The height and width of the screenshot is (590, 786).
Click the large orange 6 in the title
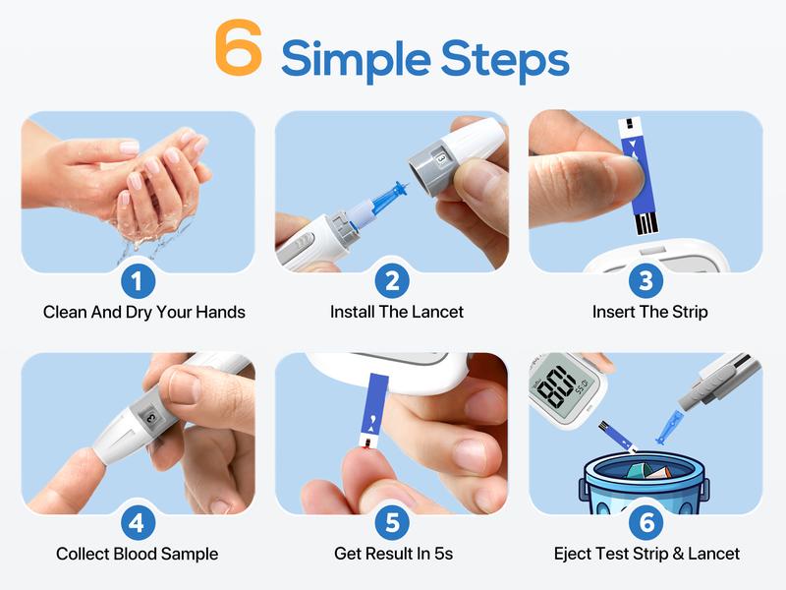pyautogui.click(x=239, y=50)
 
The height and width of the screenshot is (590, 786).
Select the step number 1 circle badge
pyautogui.click(x=139, y=281)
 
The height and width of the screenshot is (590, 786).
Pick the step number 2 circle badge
pyautogui.click(x=392, y=281)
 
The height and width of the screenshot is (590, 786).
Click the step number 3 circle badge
pyautogui.click(x=646, y=281)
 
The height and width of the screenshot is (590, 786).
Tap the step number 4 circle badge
pyautogui.click(x=139, y=523)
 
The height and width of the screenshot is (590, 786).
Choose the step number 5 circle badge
pyautogui.click(x=392, y=523)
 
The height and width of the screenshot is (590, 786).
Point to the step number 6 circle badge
pyautogui.click(x=646, y=523)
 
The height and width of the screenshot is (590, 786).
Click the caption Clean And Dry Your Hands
pyautogui.click(x=144, y=312)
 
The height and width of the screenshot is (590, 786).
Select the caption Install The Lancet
pyautogui.click(x=397, y=312)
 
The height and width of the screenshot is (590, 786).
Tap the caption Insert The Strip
pyautogui.click(x=649, y=312)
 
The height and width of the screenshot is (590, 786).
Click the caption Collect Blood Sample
pyautogui.click(x=137, y=554)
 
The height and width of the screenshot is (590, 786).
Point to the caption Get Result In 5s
pyautogui.click(x=392, y=554)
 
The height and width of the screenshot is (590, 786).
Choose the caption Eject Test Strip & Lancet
pyautogui.click(x=646, y=554)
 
